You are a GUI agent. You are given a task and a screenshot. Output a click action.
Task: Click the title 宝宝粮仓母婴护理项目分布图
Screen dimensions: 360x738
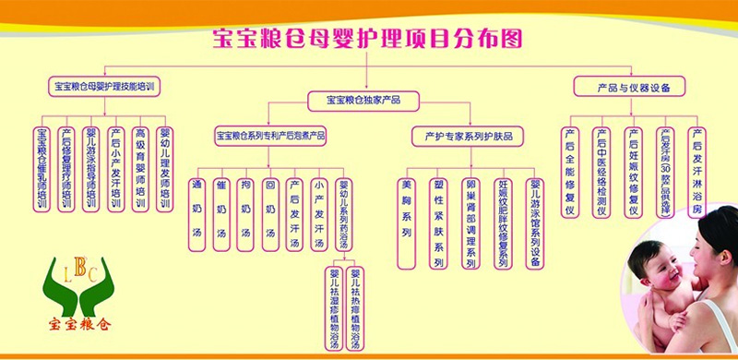pyautogui.click(x=368, y=38)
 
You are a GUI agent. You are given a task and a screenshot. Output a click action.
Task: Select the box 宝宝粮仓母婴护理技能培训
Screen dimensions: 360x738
pyautogui.click(x=104, y=87)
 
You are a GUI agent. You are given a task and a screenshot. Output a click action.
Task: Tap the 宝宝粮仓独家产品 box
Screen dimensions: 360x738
pyautogui.click(x=363, y=99)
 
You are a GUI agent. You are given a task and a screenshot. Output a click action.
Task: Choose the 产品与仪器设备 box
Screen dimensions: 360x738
pyautogui.click(x=629, y=87)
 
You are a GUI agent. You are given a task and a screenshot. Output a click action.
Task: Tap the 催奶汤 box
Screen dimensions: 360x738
pyautogui.click(x=220, y=212)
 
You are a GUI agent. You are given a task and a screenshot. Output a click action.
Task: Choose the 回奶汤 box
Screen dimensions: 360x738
pyautogui.click(x=269, y=212)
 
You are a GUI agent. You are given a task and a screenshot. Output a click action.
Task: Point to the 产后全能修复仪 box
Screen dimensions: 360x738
pyautogui.click(x=570, y=173)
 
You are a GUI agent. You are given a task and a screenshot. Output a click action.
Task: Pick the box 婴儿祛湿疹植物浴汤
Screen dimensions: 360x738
pyautogui.click(x=333, y=307)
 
